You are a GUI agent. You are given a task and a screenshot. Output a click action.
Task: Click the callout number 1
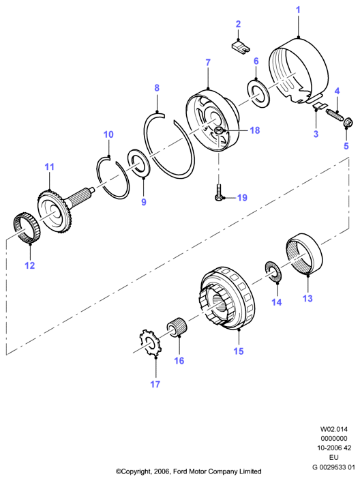[298, 10]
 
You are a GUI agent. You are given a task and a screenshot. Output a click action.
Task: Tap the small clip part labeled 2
[240, 46]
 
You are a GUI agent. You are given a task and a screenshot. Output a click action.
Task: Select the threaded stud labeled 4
[334, 116]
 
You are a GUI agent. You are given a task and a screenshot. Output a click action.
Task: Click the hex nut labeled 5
[348, 123]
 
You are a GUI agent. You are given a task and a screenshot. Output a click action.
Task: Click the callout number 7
[208, 63]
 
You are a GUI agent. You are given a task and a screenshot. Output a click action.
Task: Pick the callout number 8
[157, 88]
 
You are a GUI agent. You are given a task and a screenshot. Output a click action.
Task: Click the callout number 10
[108, 134]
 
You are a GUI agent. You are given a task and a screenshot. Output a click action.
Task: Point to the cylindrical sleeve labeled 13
[305, 254]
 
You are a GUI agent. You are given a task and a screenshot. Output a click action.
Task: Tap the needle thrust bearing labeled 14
[273, 271]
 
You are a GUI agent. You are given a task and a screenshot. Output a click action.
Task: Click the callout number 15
[239, 351]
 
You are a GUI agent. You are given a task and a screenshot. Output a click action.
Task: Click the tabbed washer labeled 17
[150, 342]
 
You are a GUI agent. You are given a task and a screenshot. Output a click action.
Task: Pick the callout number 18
[255, 130]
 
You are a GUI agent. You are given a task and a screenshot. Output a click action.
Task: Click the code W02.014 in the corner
[334, 429]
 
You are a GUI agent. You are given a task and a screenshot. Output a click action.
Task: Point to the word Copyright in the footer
[136, 471]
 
